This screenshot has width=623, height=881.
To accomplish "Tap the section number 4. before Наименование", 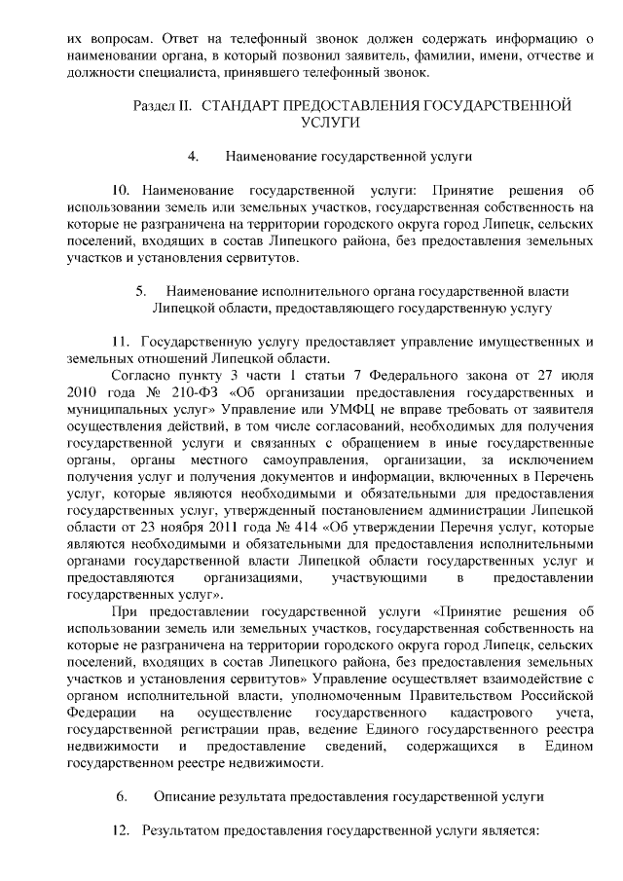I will pos(193,155).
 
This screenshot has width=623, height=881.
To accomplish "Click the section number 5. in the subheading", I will pos(141,290).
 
